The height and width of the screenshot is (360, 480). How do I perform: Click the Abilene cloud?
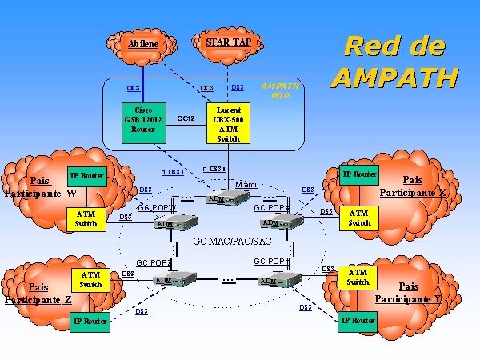tap(144, 44)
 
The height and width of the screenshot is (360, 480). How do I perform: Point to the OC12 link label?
tap(186, 118)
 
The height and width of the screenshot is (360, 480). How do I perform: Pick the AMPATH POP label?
tap(280, 89)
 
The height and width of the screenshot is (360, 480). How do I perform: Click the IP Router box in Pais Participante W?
tap(86, 175)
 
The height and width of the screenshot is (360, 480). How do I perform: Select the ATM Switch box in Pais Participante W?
tap(86, 218)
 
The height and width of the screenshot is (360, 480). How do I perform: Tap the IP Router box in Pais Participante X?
tap(359, 174)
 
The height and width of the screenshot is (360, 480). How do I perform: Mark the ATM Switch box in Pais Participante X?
tap(359, 218)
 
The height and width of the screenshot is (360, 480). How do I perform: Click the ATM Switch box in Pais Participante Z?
tap(90, 279)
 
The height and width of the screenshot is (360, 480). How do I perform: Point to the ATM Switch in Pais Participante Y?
tap(358, 278)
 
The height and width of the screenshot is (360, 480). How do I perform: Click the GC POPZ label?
tap(154, 262)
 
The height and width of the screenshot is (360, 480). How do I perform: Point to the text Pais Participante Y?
tap(409, 292)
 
